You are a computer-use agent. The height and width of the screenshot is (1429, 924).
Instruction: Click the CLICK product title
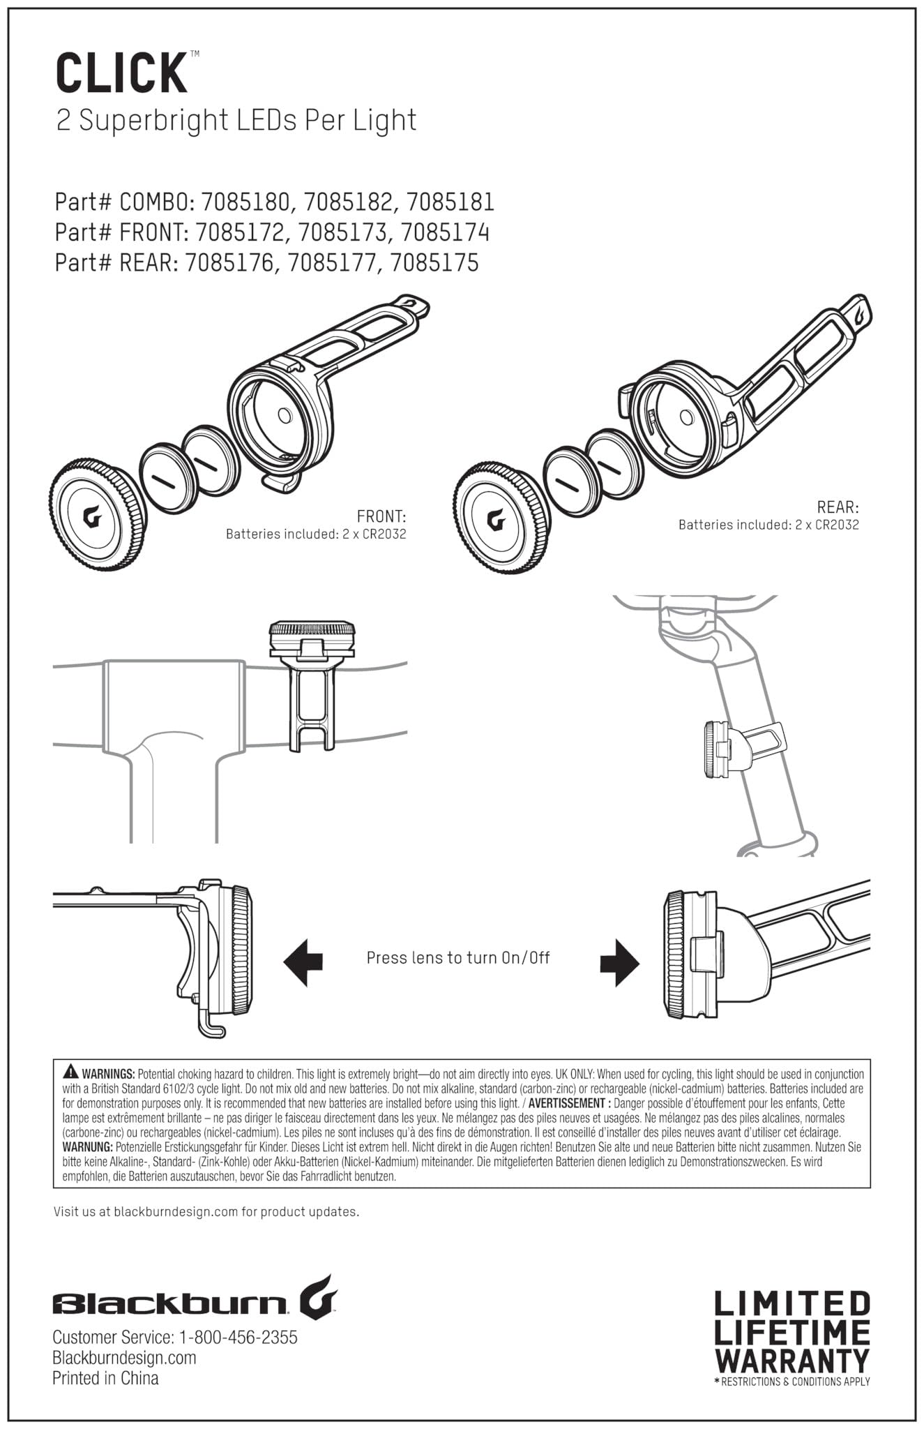[x=121, y=73]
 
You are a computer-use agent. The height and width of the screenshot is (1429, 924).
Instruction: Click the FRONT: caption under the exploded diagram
[x=381, y=517]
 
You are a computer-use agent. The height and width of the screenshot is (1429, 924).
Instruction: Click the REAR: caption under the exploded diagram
[x=838, y=507]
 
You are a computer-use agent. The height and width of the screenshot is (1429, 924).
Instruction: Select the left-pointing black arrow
[x=303, y=961]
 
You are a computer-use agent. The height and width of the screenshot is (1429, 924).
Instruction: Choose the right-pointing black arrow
[x=619, y=961]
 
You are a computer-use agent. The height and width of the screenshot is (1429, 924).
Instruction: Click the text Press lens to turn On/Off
[x=458, y=957]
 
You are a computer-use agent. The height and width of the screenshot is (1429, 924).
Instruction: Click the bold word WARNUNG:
[x=87, y=1146]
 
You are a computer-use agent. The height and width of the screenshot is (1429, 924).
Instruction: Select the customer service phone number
[x=238, y=1337]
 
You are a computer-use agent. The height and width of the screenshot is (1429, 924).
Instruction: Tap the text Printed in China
[x=105, y=1377]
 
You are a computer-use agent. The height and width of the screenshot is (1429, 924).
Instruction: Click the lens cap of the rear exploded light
[x=501, y=518]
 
